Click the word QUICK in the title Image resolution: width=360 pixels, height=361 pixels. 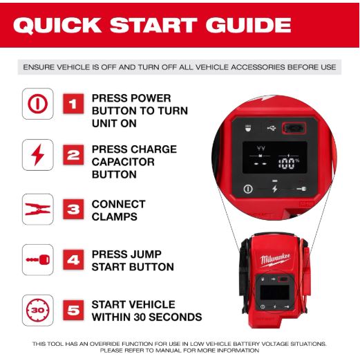[57, 26]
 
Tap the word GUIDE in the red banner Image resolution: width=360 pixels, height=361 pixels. [248, 25]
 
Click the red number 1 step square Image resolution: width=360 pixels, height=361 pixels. [73, 104]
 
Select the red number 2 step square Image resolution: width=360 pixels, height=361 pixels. [73, 155]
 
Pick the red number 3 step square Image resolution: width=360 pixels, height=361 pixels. [73, 209]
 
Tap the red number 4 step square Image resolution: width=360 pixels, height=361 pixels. [73, 260]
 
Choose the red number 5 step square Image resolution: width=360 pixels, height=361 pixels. [73, 311]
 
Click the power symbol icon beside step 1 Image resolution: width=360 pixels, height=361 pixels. [38, 104]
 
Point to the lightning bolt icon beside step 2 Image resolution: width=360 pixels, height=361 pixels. [37, 155]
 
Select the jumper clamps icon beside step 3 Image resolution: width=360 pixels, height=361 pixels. [37, 209]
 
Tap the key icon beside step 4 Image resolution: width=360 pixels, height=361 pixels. [38, 260]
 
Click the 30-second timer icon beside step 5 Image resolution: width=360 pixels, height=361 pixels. [38, 311]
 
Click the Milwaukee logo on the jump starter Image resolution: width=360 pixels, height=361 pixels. [275, 261]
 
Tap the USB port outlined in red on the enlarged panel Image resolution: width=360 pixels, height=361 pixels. [294, 128]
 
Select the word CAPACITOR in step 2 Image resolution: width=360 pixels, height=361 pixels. [123, 162]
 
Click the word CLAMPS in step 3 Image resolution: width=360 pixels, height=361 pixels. [115, 216]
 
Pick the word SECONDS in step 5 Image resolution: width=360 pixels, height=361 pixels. [176, 317]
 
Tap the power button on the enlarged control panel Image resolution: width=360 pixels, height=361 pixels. [248, 189]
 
